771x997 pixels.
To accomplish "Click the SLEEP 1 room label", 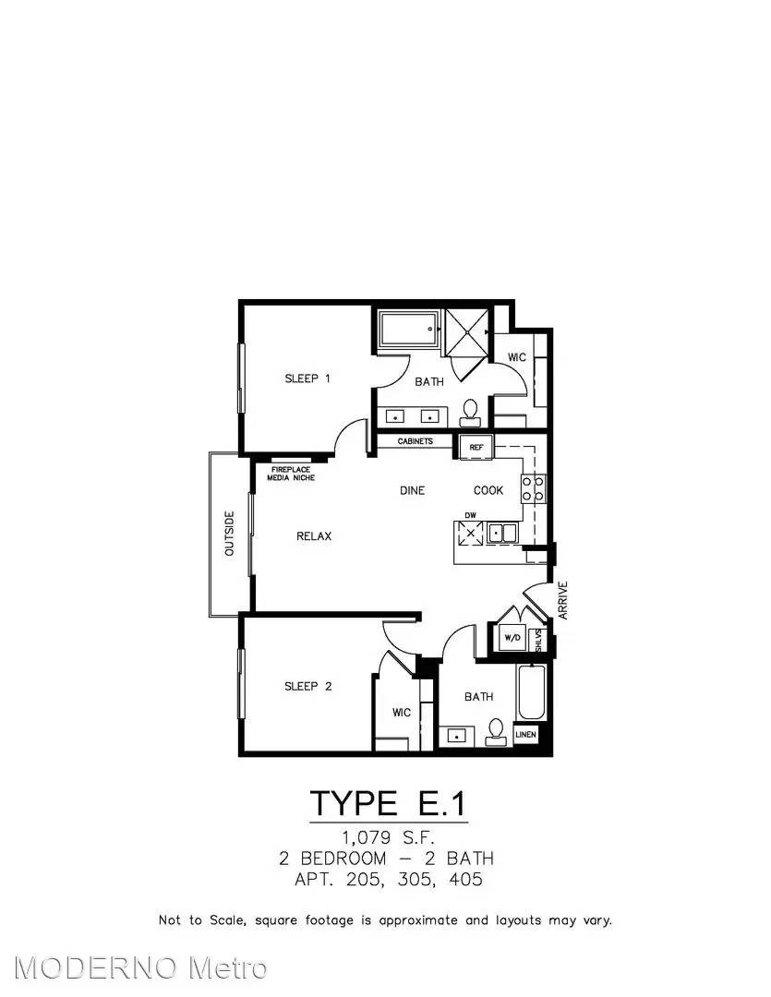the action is click(307, 379).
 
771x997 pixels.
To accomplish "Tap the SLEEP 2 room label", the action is click(307, 687).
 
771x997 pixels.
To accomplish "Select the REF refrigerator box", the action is click(476, 447).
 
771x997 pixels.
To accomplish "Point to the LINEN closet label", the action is click(525, 735).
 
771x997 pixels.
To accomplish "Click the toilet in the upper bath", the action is click(471, 413).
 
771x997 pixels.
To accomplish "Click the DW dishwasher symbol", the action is click(471, 533).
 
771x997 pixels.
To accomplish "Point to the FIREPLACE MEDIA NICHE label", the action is click(291, 474).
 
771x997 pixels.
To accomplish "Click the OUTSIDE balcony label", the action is click(230, 533).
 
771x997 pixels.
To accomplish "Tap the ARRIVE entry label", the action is click(563, 600).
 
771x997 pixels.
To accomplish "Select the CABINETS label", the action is click(416, 441).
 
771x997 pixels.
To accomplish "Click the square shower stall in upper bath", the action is click(467, 331).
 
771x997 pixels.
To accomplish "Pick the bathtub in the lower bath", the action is click(532, 692).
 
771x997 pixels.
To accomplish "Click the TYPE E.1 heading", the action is click(388, 803).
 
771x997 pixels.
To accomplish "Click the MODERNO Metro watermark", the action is click(140, 967).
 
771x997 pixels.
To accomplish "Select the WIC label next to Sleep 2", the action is click(402, 713).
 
